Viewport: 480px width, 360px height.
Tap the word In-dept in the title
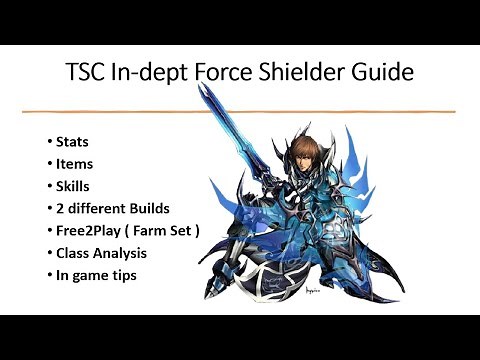pos(159,74)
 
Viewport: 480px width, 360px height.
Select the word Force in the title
pos(235,73)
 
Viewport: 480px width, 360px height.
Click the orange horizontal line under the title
pos(240,110)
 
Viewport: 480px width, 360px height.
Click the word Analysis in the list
pos(130,255)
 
